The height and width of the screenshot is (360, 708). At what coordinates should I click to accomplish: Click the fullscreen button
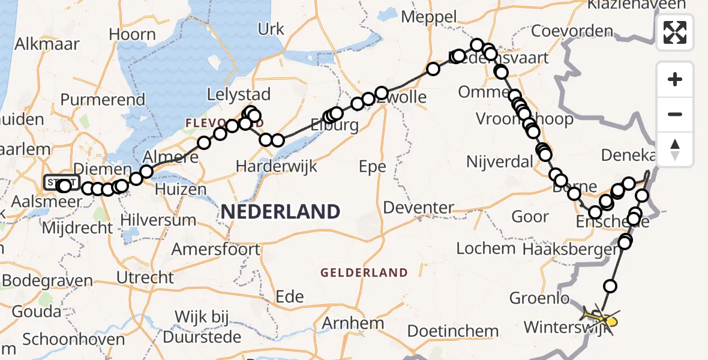(x=675, y=32)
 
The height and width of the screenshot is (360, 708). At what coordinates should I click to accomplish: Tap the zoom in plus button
(x=675, y=79)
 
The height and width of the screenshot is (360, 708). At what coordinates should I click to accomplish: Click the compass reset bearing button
(x=675, y=149)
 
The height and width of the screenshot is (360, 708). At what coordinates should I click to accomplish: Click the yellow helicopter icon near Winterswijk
(x=601, y=316)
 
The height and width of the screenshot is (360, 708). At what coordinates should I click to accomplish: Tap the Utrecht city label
(x=146, y=277)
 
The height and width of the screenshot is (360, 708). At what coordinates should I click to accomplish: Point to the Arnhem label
(x=353, y=323)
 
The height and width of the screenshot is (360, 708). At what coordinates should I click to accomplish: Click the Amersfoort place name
(x=216, y=249)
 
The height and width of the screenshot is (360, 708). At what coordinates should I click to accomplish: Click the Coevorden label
(x=572, y=31)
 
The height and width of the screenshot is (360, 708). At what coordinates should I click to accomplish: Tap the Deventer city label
(x=418, y=208)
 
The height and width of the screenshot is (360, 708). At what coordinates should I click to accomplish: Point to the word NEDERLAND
(x=280, y=211)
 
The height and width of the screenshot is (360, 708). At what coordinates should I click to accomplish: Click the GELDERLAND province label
(x=364, y=273)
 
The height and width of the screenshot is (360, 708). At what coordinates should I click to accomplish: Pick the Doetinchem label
(x=453, y=331)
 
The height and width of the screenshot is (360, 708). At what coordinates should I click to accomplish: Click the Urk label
(x=271, y=28)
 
